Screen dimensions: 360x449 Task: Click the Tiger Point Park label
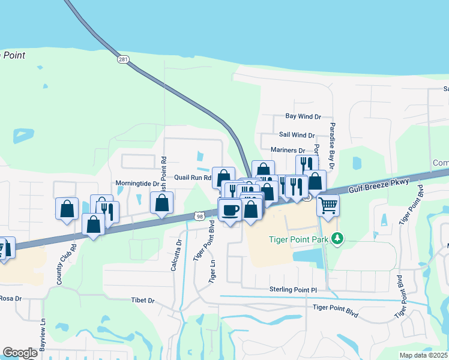(298, 240)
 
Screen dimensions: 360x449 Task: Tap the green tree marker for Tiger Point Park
(338, 239)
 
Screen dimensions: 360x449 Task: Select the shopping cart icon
(328, 205)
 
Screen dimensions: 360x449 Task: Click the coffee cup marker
(230, 209)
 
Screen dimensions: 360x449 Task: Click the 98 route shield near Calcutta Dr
(199, 215)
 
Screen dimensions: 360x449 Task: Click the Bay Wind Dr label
(303, 116)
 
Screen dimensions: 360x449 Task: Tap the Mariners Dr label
(288, 150)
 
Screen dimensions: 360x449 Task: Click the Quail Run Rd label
(192, 178)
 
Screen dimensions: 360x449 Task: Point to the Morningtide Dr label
(137, 184)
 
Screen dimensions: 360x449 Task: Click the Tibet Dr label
(143, 301)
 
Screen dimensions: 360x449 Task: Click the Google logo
(20, 353)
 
